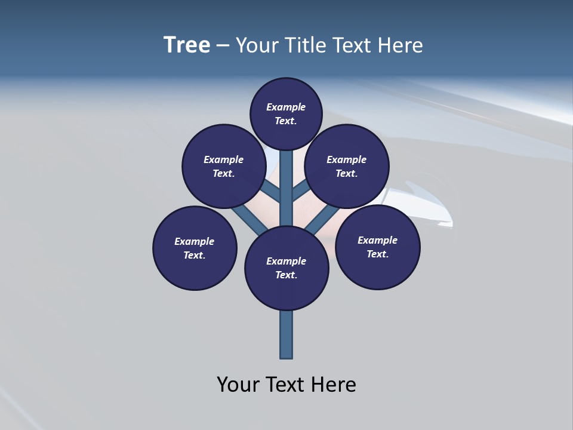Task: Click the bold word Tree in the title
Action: click(x=187, y=45)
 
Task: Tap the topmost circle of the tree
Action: click(x=286, y=114)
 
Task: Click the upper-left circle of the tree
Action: click(x=224, y=166)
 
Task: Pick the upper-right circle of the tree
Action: click(x=347, y=166)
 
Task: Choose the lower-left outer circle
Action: click(x=195, y=248)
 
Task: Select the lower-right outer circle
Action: click(x=378, y=247)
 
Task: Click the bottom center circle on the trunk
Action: click(x=286, y=268)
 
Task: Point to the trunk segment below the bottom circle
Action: click(x=286, y=334)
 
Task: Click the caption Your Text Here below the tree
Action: click(x=286, y=384)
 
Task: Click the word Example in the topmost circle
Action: click(x=286, y=107)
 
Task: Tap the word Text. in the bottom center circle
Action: click(x=286, y=275)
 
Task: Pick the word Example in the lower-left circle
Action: click(x=194, y=241)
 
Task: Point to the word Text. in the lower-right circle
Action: click(x=377, y=254)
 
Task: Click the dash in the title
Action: click(x=223, y=45)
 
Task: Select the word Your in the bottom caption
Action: click(x=238, y=384)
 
